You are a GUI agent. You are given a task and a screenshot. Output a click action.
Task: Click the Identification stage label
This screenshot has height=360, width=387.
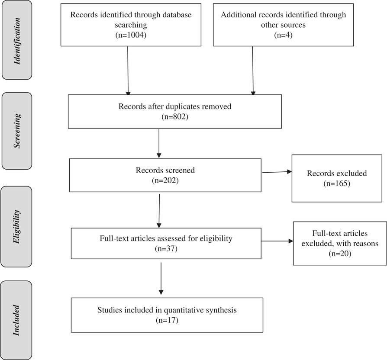coord(17,40)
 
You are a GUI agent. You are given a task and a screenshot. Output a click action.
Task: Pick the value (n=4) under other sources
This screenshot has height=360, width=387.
coord(283,35)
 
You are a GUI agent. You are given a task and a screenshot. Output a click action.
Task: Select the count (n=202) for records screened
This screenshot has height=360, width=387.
coord(164,180)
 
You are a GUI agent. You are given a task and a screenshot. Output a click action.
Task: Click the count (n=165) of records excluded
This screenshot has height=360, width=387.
coord(336,183)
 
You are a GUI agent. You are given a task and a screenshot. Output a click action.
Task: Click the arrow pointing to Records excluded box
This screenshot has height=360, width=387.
coord(277,172)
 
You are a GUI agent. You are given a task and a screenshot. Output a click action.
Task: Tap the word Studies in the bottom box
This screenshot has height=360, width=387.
coord(110,310)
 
